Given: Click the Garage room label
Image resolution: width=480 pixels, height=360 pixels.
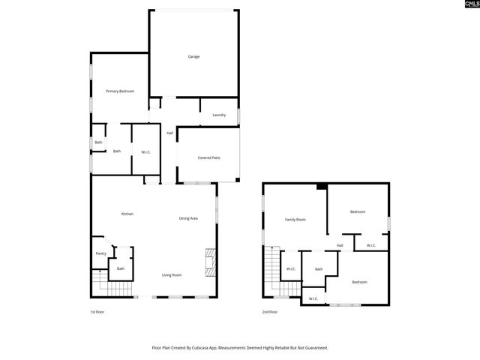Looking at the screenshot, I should pos(193,57).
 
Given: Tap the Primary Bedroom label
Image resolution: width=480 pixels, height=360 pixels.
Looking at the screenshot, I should pos(120,91).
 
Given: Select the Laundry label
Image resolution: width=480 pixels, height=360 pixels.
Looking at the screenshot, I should pos(219,115).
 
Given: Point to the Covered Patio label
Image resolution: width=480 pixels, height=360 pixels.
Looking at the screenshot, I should pos(208,158).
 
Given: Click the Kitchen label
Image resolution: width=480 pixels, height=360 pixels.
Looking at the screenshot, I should pos(127,214).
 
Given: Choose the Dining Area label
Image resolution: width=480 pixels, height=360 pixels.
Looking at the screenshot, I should pos(188,218).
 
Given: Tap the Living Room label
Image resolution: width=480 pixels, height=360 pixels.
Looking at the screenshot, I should pos(172,275).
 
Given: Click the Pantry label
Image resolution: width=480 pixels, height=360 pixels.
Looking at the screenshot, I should pos(101,253).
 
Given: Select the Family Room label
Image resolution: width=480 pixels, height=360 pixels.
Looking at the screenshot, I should pos(295,220).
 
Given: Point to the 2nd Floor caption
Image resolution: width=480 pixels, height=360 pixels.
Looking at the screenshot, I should pos(270,311).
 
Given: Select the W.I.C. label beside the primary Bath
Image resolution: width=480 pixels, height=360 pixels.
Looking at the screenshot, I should pos(145,152).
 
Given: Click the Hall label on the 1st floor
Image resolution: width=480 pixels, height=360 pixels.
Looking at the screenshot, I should pos(169,133).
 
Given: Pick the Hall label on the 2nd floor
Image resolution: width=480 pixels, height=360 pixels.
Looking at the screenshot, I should pos(340,245).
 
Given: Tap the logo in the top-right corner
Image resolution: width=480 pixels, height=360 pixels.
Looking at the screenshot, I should pos(471,5).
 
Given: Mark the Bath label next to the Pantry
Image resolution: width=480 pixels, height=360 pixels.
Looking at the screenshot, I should pos(120,268).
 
